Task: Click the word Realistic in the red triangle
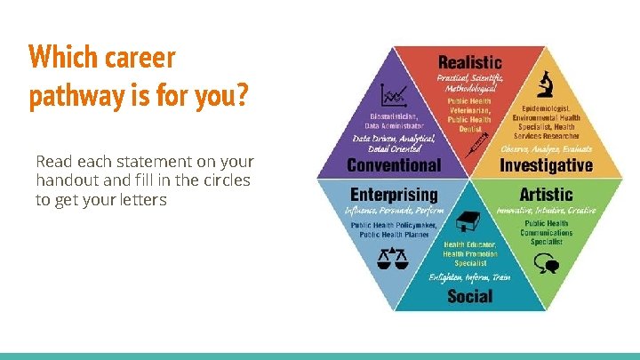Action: (469, 63)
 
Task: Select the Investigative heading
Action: (546, 165)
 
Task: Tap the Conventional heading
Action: (393, 165)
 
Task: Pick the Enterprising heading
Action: (394, 194)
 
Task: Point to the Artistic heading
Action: (546, 194)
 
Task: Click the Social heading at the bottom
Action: (469, 296)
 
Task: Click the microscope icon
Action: (546, 84)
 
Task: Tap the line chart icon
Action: (393, 93)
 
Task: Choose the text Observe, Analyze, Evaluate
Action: (546, 148)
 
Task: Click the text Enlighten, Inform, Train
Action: (469, 277)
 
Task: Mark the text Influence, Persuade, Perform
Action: (394, 211)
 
